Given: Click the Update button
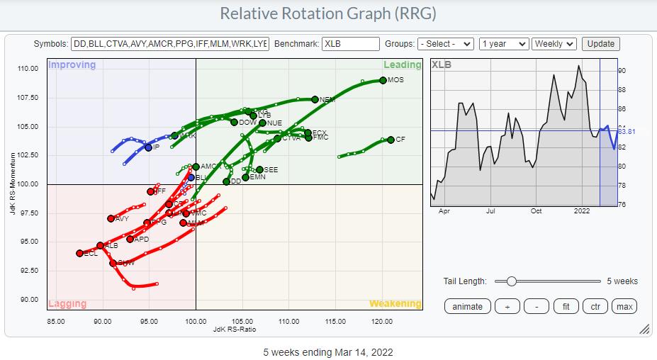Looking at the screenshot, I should [601, 44].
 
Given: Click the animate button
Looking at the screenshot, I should [467, 306].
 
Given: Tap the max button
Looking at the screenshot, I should [624, 306].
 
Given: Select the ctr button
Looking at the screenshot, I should [595, 306].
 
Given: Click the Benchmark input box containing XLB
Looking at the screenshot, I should [350, 44].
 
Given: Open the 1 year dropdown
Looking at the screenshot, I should [504, 44].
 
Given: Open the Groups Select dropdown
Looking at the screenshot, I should [446, 44].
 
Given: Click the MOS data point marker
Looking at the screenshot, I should [383, 80].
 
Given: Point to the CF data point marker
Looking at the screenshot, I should [391, 140].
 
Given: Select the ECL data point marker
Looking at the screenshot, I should [80, 253].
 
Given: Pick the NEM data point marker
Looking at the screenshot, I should [315, 99].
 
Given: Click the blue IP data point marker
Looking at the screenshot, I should [148, 147].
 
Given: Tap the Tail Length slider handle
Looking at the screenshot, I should [512, 281].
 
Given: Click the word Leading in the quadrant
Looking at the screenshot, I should [402, 65].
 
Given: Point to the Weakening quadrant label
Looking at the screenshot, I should [395, 304].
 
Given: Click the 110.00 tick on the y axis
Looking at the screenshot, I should [28, 69].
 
